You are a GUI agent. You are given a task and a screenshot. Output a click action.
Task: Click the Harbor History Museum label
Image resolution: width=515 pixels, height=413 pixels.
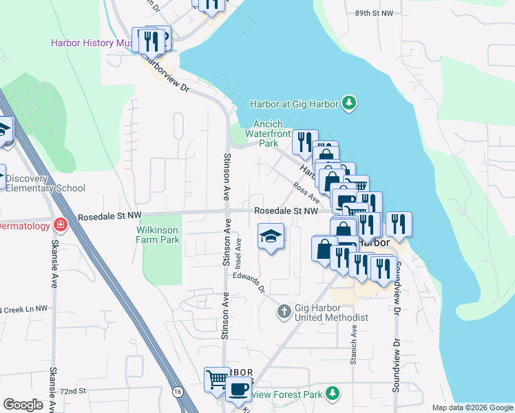click(93, 43)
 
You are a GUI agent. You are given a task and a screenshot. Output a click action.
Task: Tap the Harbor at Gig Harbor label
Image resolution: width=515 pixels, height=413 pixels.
click(294, 104)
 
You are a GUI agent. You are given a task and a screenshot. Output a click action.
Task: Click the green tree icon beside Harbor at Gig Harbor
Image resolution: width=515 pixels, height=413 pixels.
click(350, 103)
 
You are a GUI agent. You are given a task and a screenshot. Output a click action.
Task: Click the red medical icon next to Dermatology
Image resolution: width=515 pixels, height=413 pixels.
click(61, 226)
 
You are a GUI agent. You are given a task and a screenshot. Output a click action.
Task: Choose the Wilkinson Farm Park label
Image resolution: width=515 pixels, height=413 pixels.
click(158, 235)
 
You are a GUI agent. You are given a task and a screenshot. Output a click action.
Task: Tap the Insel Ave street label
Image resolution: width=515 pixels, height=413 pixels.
click(239, 253)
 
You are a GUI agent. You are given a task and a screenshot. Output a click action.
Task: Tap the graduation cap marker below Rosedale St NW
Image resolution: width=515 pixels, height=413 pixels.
click(271, 237)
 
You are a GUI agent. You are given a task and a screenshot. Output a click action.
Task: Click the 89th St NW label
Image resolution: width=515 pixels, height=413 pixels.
click(374, 13)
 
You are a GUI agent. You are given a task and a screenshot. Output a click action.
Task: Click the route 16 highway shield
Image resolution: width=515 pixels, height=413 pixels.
click(178, 391)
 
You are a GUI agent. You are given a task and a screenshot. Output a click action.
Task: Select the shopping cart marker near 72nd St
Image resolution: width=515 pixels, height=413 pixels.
click(217, 379)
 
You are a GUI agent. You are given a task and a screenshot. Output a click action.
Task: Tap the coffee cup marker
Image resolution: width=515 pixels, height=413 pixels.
click(238, 389)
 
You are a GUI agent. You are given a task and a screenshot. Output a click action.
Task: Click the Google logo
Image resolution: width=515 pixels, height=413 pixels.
click(23, 405)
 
